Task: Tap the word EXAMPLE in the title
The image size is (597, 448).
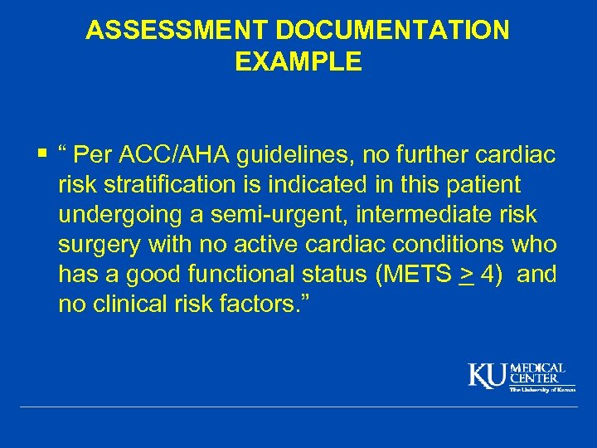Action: [298, 62]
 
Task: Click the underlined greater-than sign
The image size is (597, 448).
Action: [466, 275]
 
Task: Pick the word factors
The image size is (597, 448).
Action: [274, 304]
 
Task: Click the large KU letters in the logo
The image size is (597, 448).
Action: [488, 375]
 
